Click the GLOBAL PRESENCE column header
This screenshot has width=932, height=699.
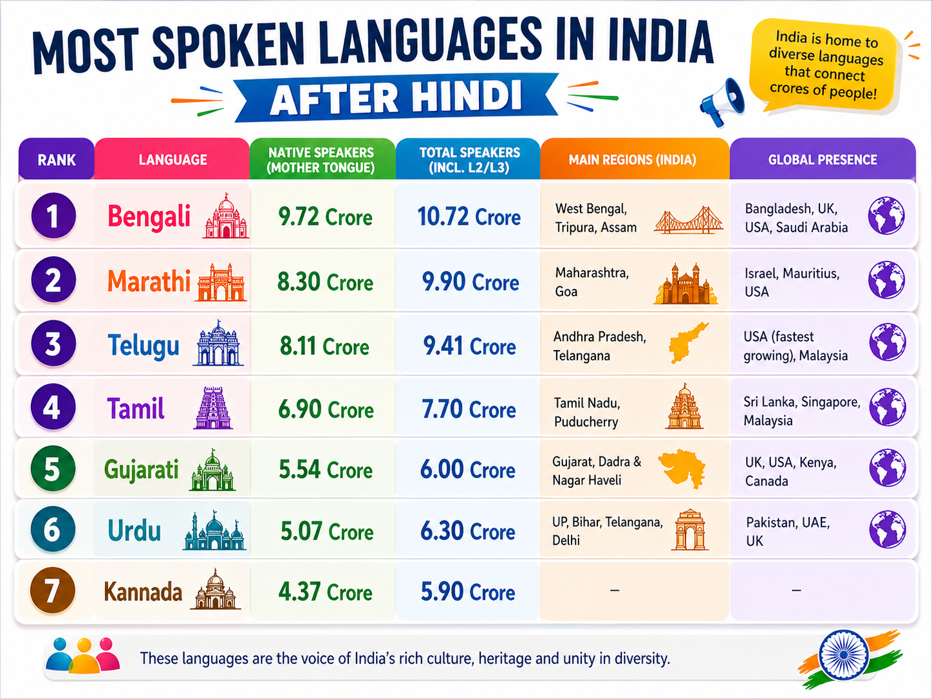pos(822,160)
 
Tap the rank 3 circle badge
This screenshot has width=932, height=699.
pos(53,344)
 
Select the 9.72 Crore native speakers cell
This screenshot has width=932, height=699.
pos(325,217)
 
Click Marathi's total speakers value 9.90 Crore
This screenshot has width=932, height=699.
pos(470,282)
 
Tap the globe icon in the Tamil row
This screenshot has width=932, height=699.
pos(887,407)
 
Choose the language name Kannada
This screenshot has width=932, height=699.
pos(143,592)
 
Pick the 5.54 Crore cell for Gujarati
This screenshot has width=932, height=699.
pos(325,470)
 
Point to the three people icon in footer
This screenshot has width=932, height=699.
pos(83,655)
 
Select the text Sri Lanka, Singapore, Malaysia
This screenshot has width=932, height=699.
pos(801,411)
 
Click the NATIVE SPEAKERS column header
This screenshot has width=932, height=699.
pos(321,160)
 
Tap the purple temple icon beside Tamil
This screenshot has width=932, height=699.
pos(212,408)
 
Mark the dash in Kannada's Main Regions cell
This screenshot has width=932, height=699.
pos(614,590)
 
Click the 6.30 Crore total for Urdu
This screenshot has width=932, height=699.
pos(467,531)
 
